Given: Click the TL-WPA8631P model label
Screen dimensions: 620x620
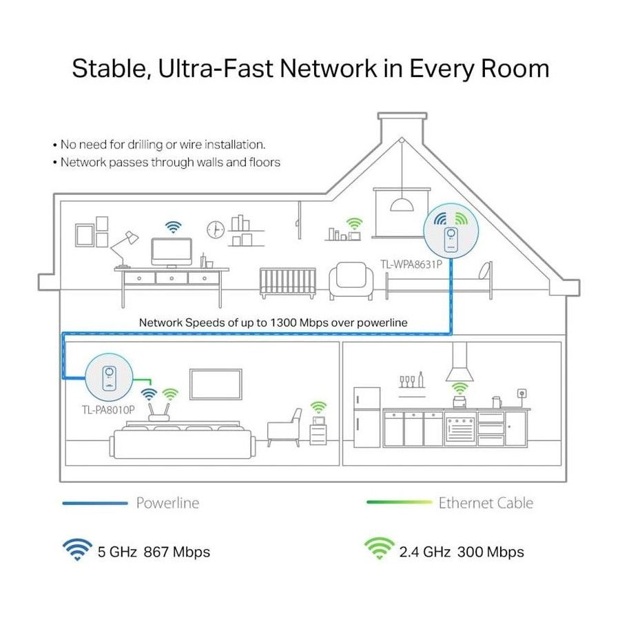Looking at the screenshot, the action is (411, 264).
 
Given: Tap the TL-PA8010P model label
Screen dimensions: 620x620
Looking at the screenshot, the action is (108, 410).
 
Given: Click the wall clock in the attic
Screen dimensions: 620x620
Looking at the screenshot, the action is (216, 229).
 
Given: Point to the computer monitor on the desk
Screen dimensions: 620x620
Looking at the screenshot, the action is (172, 253).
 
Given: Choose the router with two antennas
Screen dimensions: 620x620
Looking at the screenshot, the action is (158, 412).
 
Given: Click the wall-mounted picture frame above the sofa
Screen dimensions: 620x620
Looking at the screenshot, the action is (216, 384).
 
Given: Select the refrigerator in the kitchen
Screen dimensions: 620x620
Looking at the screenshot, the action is (367, 417).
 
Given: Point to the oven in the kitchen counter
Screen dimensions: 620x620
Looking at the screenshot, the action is (460, 428).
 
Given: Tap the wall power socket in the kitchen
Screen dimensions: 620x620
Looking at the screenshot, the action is (522, 393).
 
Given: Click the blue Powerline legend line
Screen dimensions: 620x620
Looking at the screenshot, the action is (95, 503).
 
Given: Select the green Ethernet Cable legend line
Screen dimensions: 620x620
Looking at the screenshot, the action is (400, 502).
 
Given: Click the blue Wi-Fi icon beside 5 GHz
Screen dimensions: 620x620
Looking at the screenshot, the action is (77, 550).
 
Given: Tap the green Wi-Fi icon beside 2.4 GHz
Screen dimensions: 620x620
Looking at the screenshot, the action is (379, 549).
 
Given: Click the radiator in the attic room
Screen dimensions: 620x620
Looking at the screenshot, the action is (288, 282).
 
